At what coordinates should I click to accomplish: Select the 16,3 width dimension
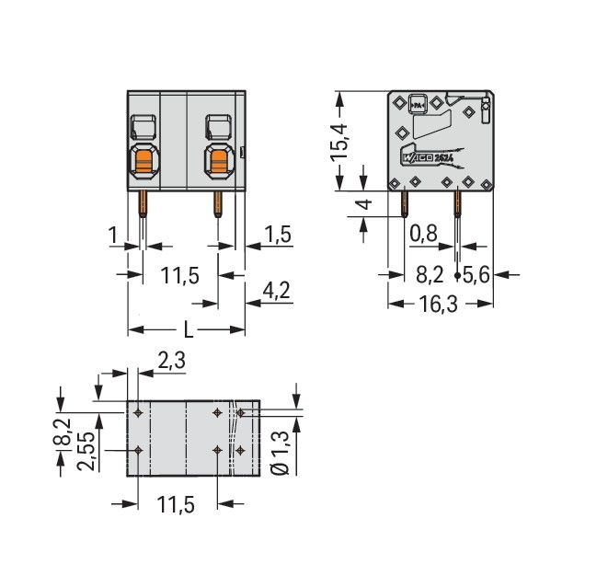pyautogui.click(x=439, y=303)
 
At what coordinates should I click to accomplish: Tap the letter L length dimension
pyautogui.click(x=188, y=328)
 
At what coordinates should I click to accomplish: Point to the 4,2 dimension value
pyautogui.click(x=276, y=292)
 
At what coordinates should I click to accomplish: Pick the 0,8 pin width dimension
pyautogui.click(x=422, y=235)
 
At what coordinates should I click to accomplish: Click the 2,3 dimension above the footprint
pyautogui.click(x=171, y=362)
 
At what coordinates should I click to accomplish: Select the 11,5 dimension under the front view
pyautogui.click(x=179, y=275)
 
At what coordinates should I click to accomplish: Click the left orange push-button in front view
pyautogui.click(x=143, y=164)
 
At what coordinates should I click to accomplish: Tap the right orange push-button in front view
pyautogui.click(x=219, y=164)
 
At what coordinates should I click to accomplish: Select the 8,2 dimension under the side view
pyautogui.click(x=430, y=273)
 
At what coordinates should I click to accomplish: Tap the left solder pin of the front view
pyautogui.click(x=143, y=203)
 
